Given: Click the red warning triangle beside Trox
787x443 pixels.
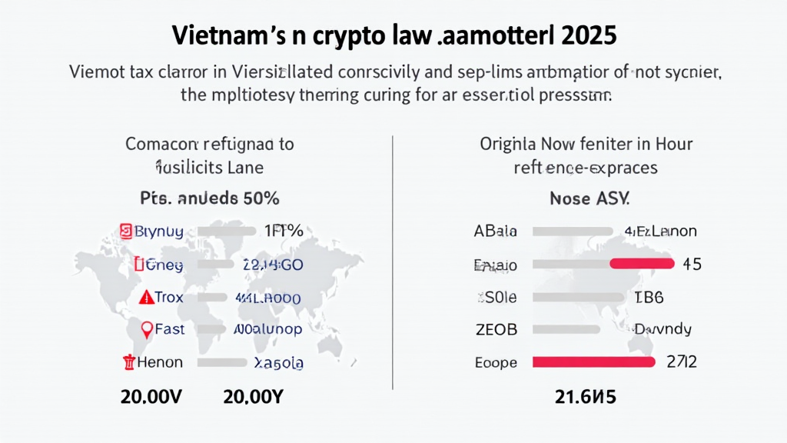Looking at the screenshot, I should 146,298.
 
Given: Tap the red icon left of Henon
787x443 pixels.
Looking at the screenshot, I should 128,361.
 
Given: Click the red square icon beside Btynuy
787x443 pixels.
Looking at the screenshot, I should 126,230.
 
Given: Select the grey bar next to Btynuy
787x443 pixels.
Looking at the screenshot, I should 227,230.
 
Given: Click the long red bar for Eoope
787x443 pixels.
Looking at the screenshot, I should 593,361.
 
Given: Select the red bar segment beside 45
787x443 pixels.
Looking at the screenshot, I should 642,264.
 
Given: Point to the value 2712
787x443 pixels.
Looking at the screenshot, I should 682,361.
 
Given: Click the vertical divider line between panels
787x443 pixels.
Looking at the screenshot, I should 393,261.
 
